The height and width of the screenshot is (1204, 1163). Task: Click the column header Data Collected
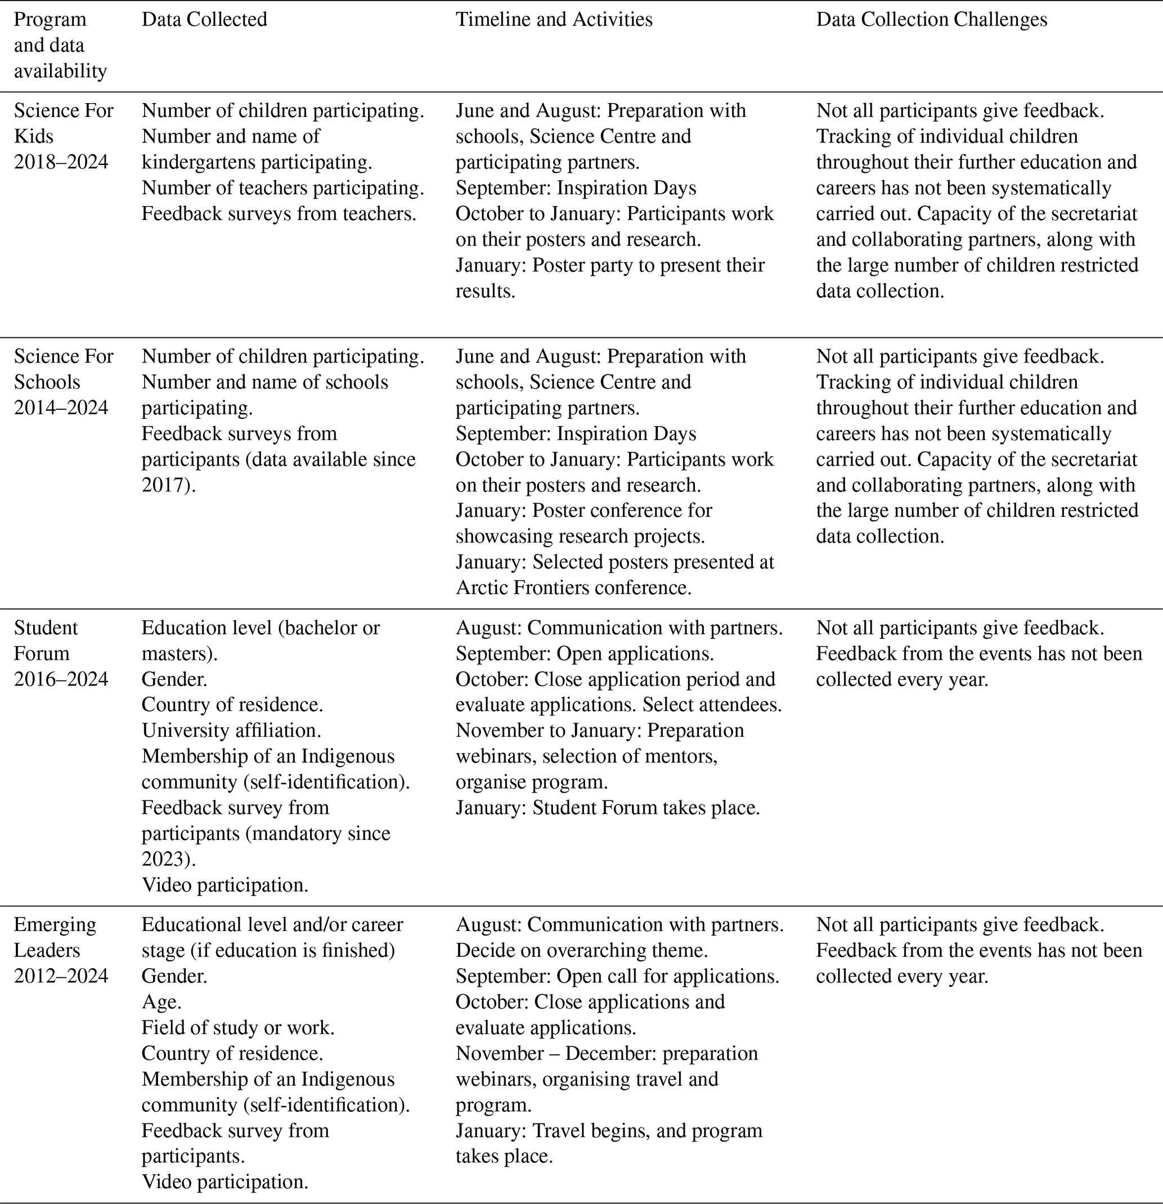point(204,20)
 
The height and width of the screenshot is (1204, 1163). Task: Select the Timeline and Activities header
point(553,20)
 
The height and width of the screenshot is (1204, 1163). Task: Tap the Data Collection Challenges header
point(931,20)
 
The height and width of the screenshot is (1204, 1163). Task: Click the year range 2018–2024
point(61,162)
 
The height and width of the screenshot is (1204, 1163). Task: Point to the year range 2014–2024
point(61,408)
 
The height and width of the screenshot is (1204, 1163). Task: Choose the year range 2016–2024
point(61,679)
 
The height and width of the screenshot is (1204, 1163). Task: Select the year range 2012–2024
point(61,976)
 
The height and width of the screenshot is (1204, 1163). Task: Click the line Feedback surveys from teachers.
point(279,214)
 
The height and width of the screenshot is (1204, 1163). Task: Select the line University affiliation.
point(231,731)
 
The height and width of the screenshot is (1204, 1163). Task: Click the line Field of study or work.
point(237,1028)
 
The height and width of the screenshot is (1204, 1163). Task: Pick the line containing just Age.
point(161,1002)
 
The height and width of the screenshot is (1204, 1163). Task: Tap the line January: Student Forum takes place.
point(607,808)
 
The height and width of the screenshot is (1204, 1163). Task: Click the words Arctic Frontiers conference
point(573,588)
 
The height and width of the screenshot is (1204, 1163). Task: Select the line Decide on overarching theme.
point(582,950)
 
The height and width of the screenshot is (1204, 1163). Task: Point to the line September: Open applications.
point(584,654)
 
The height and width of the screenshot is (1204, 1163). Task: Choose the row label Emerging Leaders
point(55,937)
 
